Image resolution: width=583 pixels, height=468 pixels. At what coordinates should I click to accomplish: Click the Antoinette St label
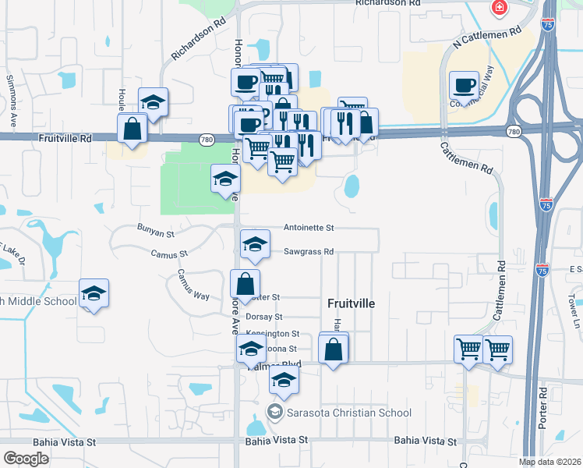tap(308, 228)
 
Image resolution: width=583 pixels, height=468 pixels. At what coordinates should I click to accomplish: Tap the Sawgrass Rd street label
tap(308, 252)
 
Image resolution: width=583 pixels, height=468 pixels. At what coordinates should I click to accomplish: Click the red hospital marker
tap(497, 8)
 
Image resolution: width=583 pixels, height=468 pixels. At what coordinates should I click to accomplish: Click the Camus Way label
tap(192, 285)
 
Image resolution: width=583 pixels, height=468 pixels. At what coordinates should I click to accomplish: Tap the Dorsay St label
tap(263, 317)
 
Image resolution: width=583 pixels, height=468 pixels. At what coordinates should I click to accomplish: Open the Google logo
tap(26, 459)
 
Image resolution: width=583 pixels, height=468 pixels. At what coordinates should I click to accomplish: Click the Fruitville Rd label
tap(65, 138)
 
